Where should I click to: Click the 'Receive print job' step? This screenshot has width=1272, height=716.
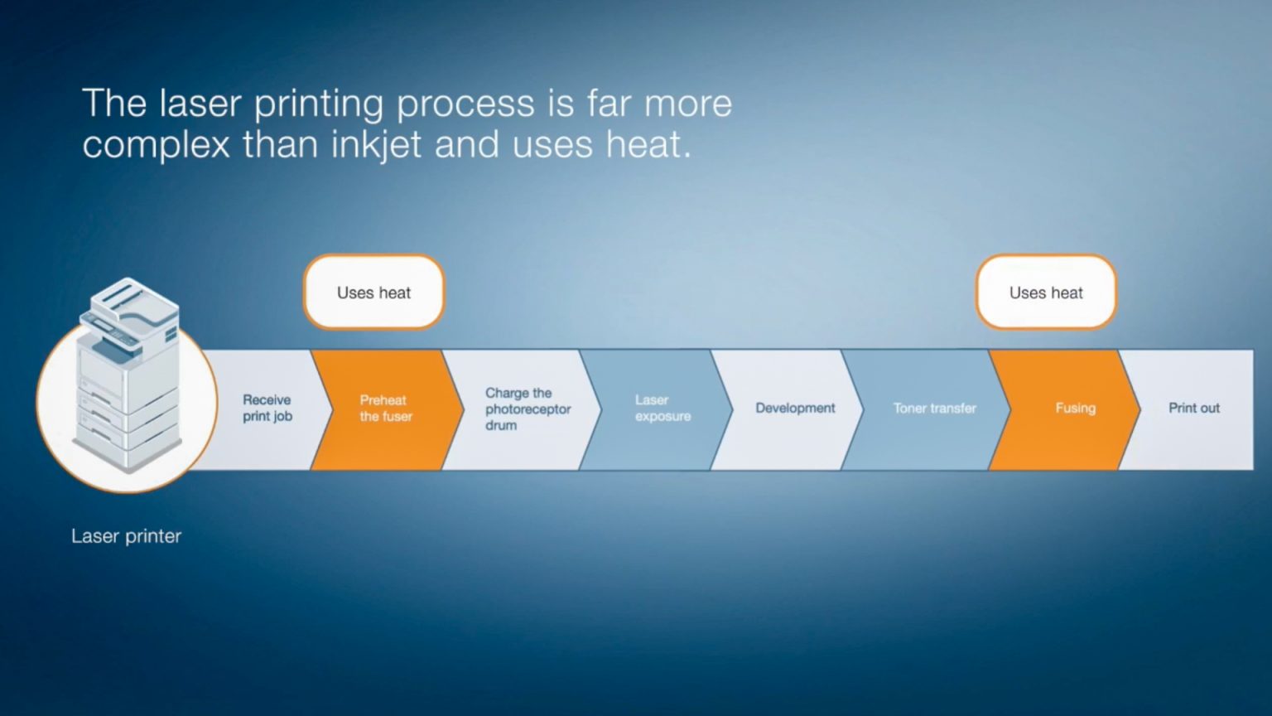267,409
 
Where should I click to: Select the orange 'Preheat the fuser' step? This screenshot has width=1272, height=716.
386,409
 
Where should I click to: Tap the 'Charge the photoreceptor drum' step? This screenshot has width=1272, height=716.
523,409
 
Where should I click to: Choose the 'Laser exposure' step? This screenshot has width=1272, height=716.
658,409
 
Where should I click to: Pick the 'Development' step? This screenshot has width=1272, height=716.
793,409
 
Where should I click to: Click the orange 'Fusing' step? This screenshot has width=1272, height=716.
1067,409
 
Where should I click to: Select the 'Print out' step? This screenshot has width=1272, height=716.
1192,409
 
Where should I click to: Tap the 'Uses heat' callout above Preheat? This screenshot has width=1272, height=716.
373,292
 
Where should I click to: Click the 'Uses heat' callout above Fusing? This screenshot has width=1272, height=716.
1046,292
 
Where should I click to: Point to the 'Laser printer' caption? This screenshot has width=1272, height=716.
126,536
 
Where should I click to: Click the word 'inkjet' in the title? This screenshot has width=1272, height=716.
376,145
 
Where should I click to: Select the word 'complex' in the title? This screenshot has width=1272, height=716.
157,147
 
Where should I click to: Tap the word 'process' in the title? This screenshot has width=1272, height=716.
465,106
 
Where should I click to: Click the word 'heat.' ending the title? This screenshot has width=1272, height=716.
648,144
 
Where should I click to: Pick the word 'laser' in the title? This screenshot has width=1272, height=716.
200,103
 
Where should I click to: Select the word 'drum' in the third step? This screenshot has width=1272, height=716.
501,425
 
